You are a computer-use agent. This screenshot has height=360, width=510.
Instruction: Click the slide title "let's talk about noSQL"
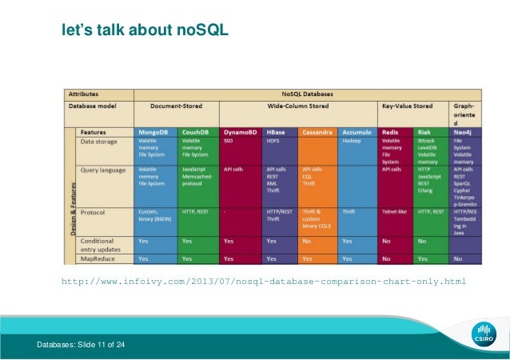(x=145, y=31)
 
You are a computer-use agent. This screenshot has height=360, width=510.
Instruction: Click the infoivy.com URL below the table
(x=264, y=282)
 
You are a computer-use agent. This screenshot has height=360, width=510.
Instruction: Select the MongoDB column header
(x=153, y=131)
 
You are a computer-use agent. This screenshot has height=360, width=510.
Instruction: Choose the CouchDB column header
(x=196, y=131)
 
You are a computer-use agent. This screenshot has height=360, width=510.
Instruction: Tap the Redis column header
(x=391, y=131)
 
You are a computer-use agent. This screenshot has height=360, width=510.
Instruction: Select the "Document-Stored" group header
(x=177, y=105)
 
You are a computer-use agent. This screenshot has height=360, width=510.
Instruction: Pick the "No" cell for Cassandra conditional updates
(x=308, y=240)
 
